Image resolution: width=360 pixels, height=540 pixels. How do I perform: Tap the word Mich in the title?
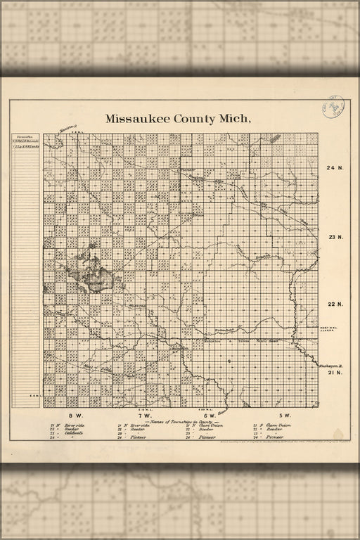(236, 119)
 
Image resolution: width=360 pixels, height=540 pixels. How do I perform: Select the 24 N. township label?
(335, 168)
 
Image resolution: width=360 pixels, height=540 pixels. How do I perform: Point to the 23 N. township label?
(335, 237)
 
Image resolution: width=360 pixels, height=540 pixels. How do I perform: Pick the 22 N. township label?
(335, 304)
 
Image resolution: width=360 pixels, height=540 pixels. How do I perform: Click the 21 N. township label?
(335, 373)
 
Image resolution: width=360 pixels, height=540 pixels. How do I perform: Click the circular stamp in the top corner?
(333, 110)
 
